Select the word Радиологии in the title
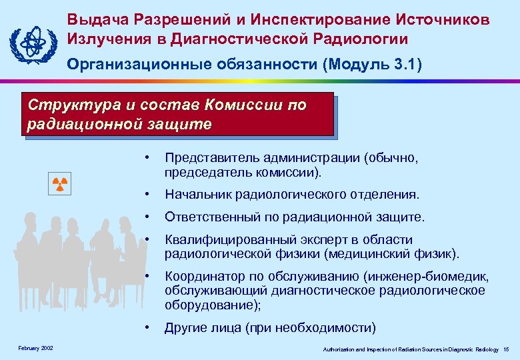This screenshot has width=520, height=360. click(x=371, y=39)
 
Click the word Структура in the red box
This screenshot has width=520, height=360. click(x=64, y=105)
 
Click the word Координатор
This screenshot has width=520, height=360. click(x=203, y=277)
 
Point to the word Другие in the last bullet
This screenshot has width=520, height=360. click(x=187, y=327)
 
